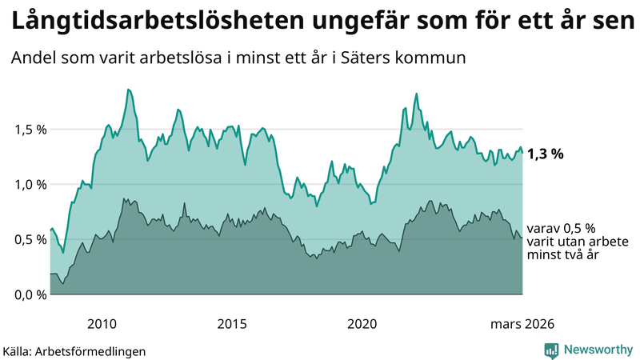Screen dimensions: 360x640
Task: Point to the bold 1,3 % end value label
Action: pyautogui.click(x=546, y=154)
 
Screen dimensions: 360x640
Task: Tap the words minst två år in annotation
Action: pyautogui.click(x=563, y=254)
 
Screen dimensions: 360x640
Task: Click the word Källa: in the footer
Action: pyautogui.click(x=19, y=350)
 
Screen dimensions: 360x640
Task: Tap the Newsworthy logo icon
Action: pyautogui.click(x=551, y=350)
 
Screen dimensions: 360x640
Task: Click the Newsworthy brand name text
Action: pyautogui.click(x=598, y=350)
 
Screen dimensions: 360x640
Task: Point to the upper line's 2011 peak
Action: pyautogui.click(x=128, y=90)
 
